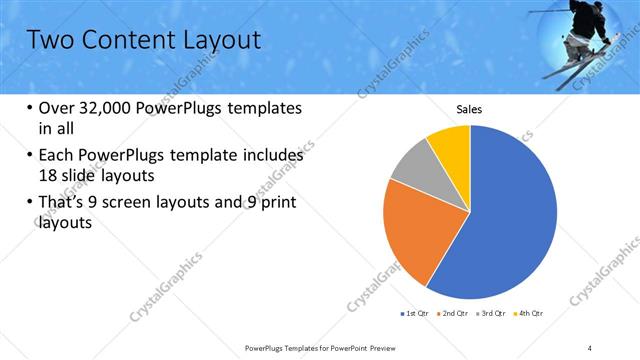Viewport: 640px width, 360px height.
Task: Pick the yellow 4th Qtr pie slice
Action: coord(451,146)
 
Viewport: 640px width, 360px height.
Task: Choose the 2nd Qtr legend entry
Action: coord(456,314)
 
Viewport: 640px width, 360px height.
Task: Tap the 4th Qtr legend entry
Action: coord(530,314)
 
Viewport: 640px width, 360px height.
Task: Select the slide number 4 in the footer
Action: coord(589,347)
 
